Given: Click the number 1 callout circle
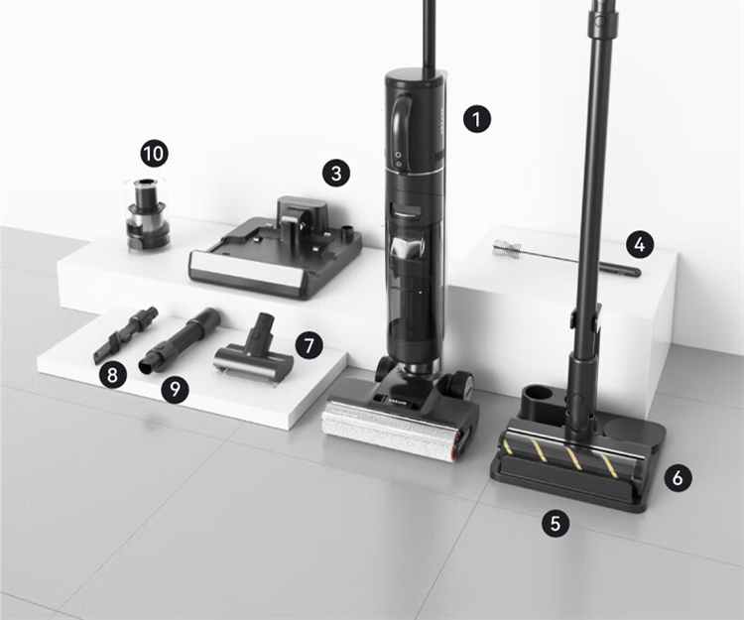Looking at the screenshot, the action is coord(477,119).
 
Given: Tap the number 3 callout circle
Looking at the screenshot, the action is coord(336,173).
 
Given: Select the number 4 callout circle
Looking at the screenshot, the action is coord(640,244).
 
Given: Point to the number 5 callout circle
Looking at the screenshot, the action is coord(556,523).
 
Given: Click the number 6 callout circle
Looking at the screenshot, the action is coord(678,478).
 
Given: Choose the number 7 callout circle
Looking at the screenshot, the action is coord(309,345).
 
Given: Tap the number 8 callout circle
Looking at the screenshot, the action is coord(113,375).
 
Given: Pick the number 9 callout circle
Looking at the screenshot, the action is coord(175,390).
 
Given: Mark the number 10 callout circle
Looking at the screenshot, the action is coord(154,153).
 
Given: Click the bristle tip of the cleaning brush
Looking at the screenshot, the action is coord(507,248).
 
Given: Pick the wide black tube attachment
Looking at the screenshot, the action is coord(181,339).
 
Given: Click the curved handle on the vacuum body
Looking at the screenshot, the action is coord(402,126).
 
